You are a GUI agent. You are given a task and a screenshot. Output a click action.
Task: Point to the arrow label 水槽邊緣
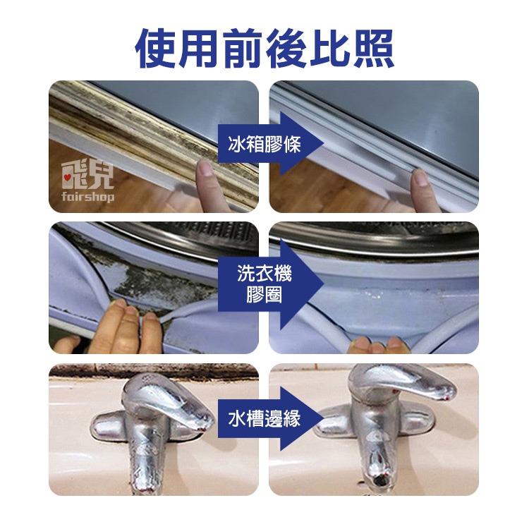tap(264, 420)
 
